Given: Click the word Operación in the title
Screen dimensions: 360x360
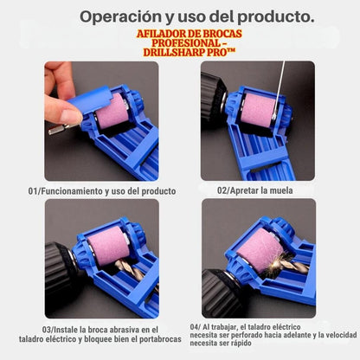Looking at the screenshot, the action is click(x=120, y=17).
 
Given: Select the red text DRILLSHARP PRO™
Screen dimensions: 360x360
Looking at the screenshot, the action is click(x=189, y=53).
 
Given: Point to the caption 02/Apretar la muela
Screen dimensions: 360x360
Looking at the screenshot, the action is click(x=255, y=190).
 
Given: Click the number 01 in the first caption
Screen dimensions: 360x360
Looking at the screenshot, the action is click(x=32, y=191).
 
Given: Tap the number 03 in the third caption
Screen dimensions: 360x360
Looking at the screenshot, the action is click(x=46, y=330).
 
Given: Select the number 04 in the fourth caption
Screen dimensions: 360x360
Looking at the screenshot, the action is click(x=194, y=327).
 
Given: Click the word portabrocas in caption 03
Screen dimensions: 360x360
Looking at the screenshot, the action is click(x=160, y=339).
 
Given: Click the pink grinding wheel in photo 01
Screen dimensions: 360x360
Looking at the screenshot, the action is click(x=112, y=111).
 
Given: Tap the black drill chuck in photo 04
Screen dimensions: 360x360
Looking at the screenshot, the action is click(x=222, y=292).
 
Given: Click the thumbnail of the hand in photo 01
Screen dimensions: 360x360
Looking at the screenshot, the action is click(x=71, y=116).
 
